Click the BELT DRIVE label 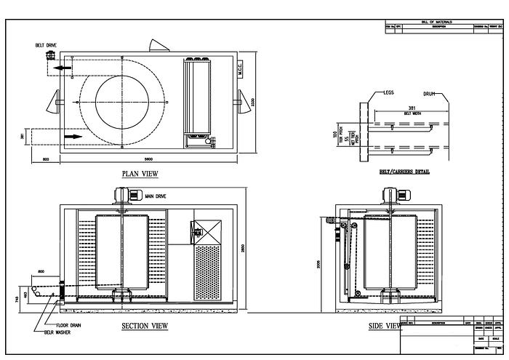click(x=46, y=45)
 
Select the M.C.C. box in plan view click(x=239, y=69)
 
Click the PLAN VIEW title click(x=140, y=174)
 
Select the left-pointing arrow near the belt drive click(x=65, y=68)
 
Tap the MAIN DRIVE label click(x=155, y=196)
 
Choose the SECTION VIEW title click(x=145, y=326)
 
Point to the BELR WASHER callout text click(x=60, y=332)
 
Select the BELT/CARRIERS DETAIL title click(x=404, y=172)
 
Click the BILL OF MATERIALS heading click(x=436, y=23)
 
